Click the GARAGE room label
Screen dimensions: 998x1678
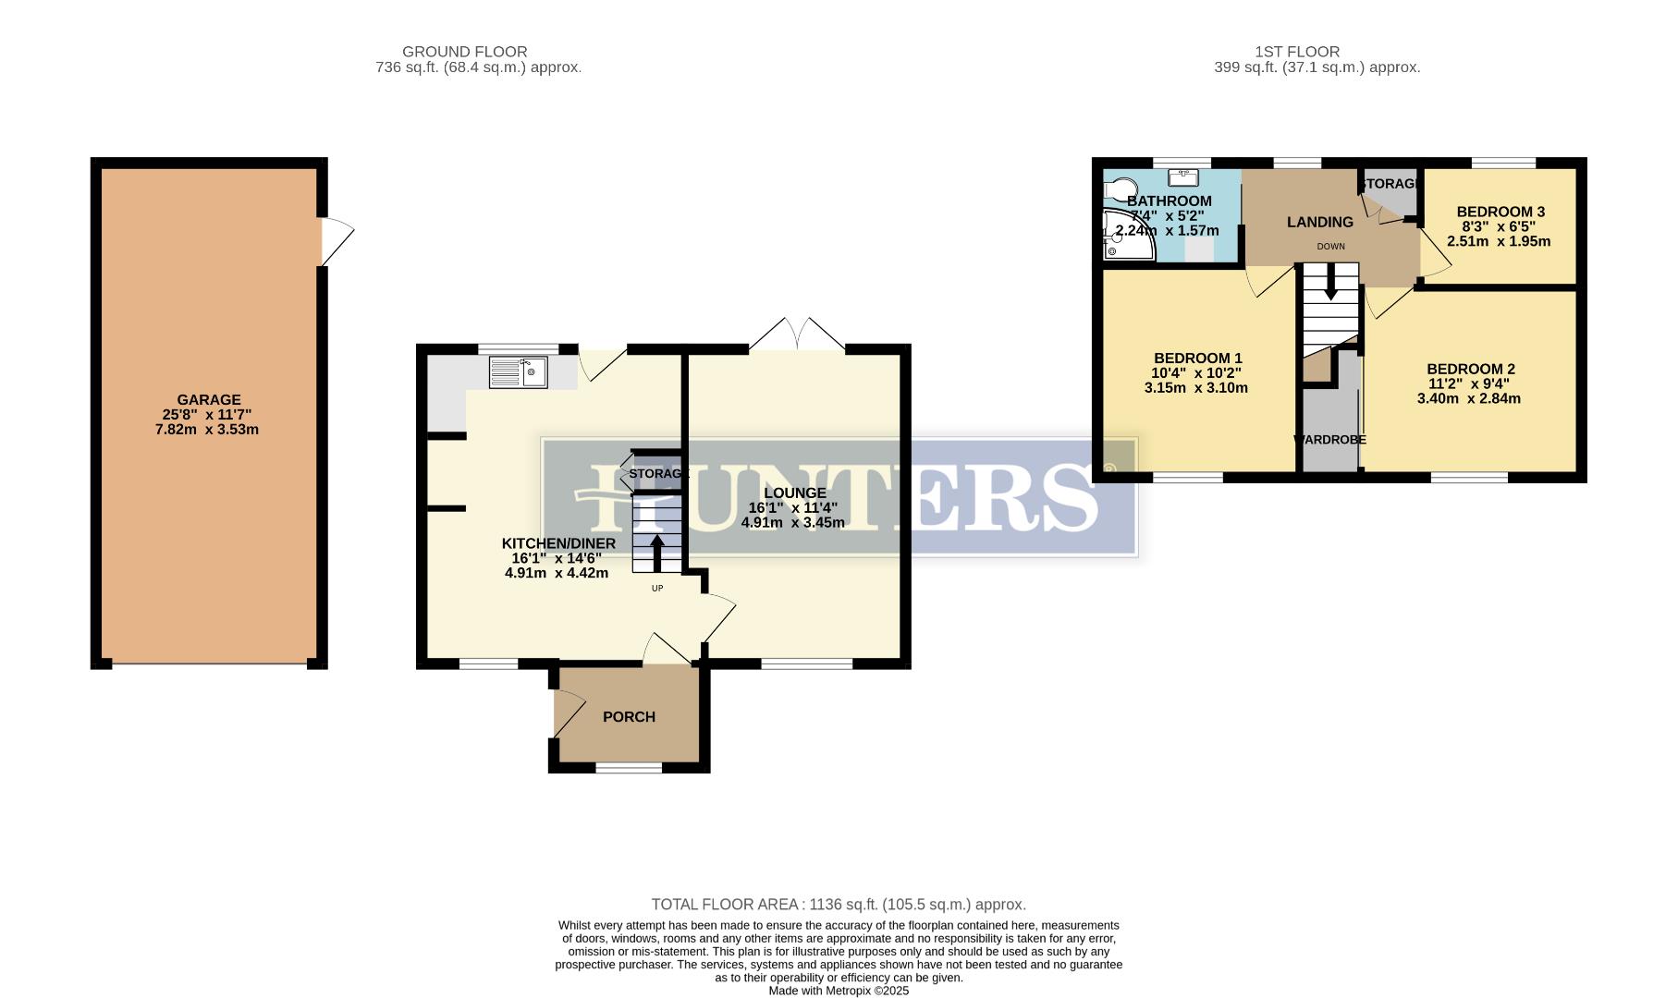tap(209, 400)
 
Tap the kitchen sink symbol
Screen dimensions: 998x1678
tap(518, 372)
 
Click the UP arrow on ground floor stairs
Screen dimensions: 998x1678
tap(656, 553)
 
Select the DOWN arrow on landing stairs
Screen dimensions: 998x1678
tap(1330, 282)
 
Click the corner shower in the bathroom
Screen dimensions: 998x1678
tap(1126, 237)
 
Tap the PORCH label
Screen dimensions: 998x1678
tap(629, 717)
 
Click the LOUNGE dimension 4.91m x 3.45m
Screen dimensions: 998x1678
tap(793, 522)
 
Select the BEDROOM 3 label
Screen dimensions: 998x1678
tap(1500, 212)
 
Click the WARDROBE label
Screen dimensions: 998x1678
tap(1329, 440)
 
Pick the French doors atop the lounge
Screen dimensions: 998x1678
tap(797, 335)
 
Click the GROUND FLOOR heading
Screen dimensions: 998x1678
tap(465, 52)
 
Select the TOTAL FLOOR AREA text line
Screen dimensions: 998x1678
tap(839, 905)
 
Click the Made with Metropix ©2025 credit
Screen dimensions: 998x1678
tap(839, 991)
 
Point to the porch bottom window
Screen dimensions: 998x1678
tap(629, 768)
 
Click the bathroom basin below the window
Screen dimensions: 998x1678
tap(1184, 176)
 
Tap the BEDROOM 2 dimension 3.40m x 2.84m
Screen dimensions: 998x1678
tap(1469, 399)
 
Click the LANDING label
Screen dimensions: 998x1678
tap(1320, 222)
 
